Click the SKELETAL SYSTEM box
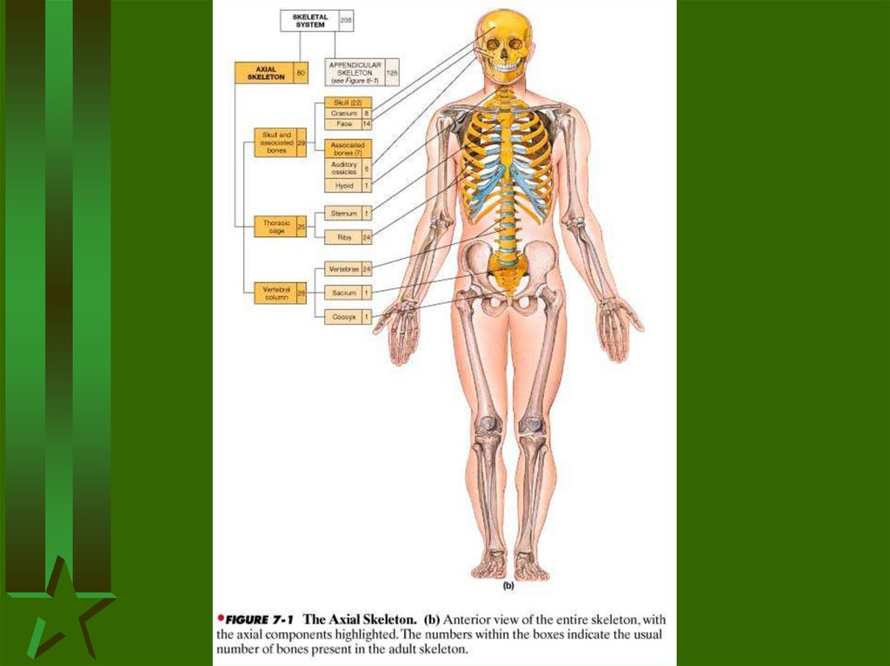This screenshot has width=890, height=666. click(x=309, y=19)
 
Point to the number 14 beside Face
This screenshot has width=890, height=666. click(x=367, y=124)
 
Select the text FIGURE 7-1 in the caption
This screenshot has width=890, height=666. click(x=259, y=620)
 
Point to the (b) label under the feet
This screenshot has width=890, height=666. click(x=508, y=585)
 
